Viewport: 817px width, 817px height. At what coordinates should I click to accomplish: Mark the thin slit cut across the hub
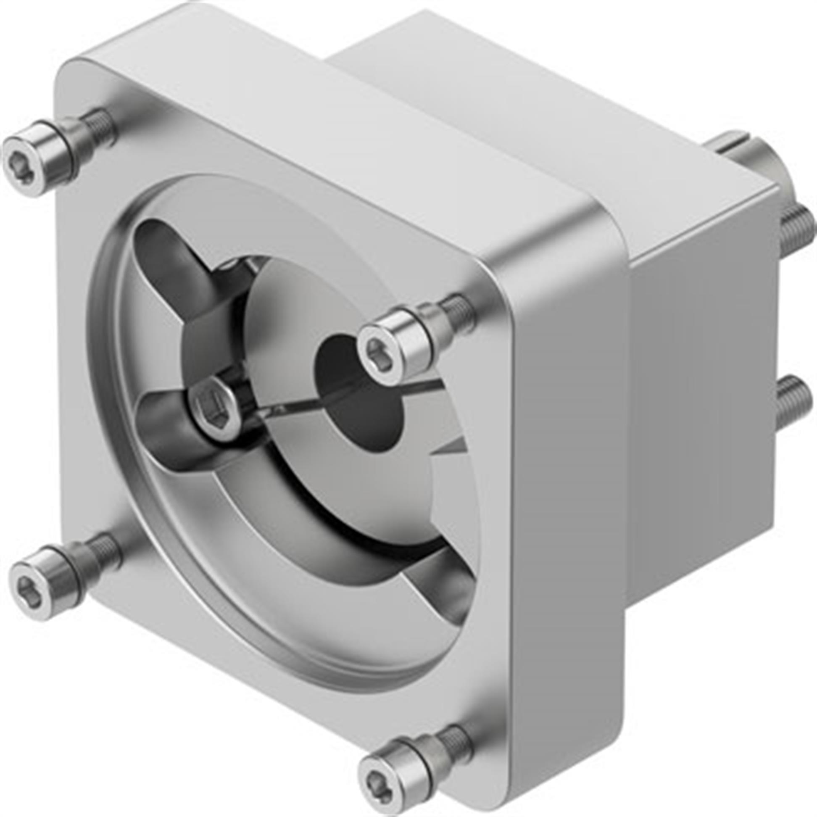point(296,402)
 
